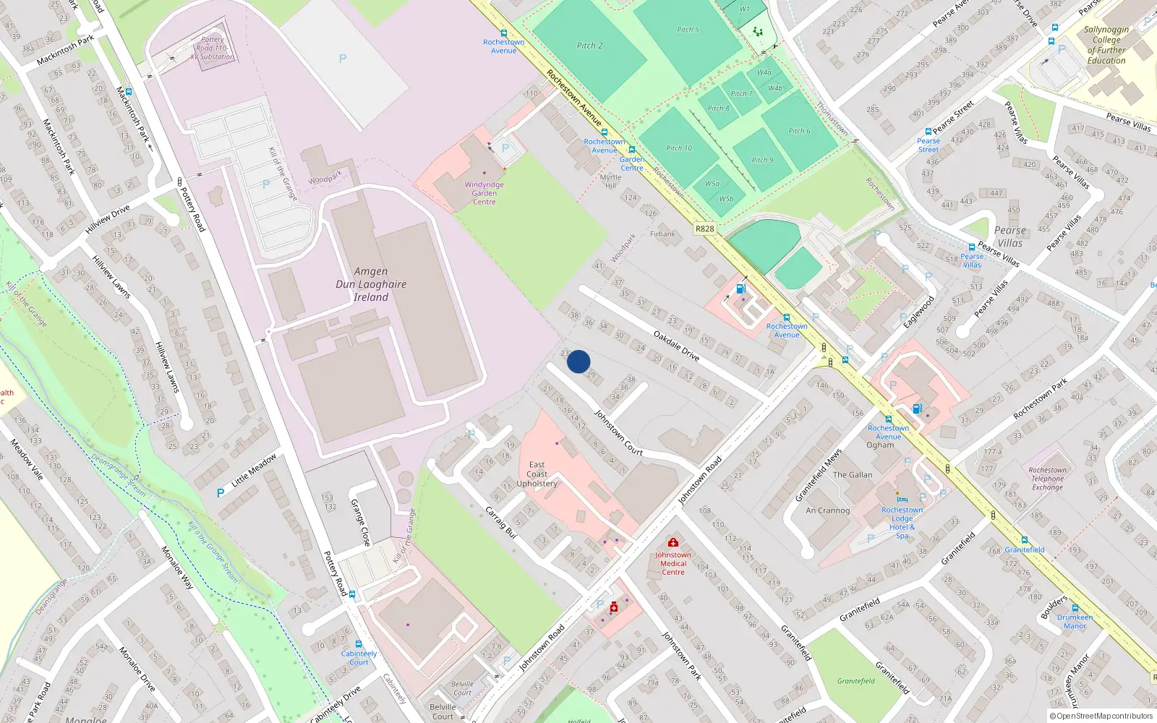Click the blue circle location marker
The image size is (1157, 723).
coord(578,361)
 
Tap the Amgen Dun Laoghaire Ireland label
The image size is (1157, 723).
coord(371,284)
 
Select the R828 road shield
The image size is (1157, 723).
coord(704,228)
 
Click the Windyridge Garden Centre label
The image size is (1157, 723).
coord(484,193)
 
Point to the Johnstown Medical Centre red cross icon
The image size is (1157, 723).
coord(673,542)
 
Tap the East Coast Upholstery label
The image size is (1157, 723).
coord(537,474)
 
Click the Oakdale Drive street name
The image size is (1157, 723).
coord(676,346)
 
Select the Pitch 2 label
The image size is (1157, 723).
coord(589,46)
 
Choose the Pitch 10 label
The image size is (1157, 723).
coord(679,148)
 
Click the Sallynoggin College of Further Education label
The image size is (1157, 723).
coord(1106,45)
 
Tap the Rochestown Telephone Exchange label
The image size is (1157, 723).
coord(1047,479)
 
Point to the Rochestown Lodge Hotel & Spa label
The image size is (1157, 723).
coord(902,522)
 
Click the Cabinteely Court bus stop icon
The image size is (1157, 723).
coord(359,643)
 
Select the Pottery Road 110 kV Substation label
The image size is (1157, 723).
coord(213,48)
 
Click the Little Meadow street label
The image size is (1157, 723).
coord(254,471)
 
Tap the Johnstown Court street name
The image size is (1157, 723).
coord(618,432)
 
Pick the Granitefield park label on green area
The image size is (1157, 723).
coord(856,681)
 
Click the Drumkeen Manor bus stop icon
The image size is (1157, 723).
coord(1075,608)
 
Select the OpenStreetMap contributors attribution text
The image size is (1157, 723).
coord(1104,716)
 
